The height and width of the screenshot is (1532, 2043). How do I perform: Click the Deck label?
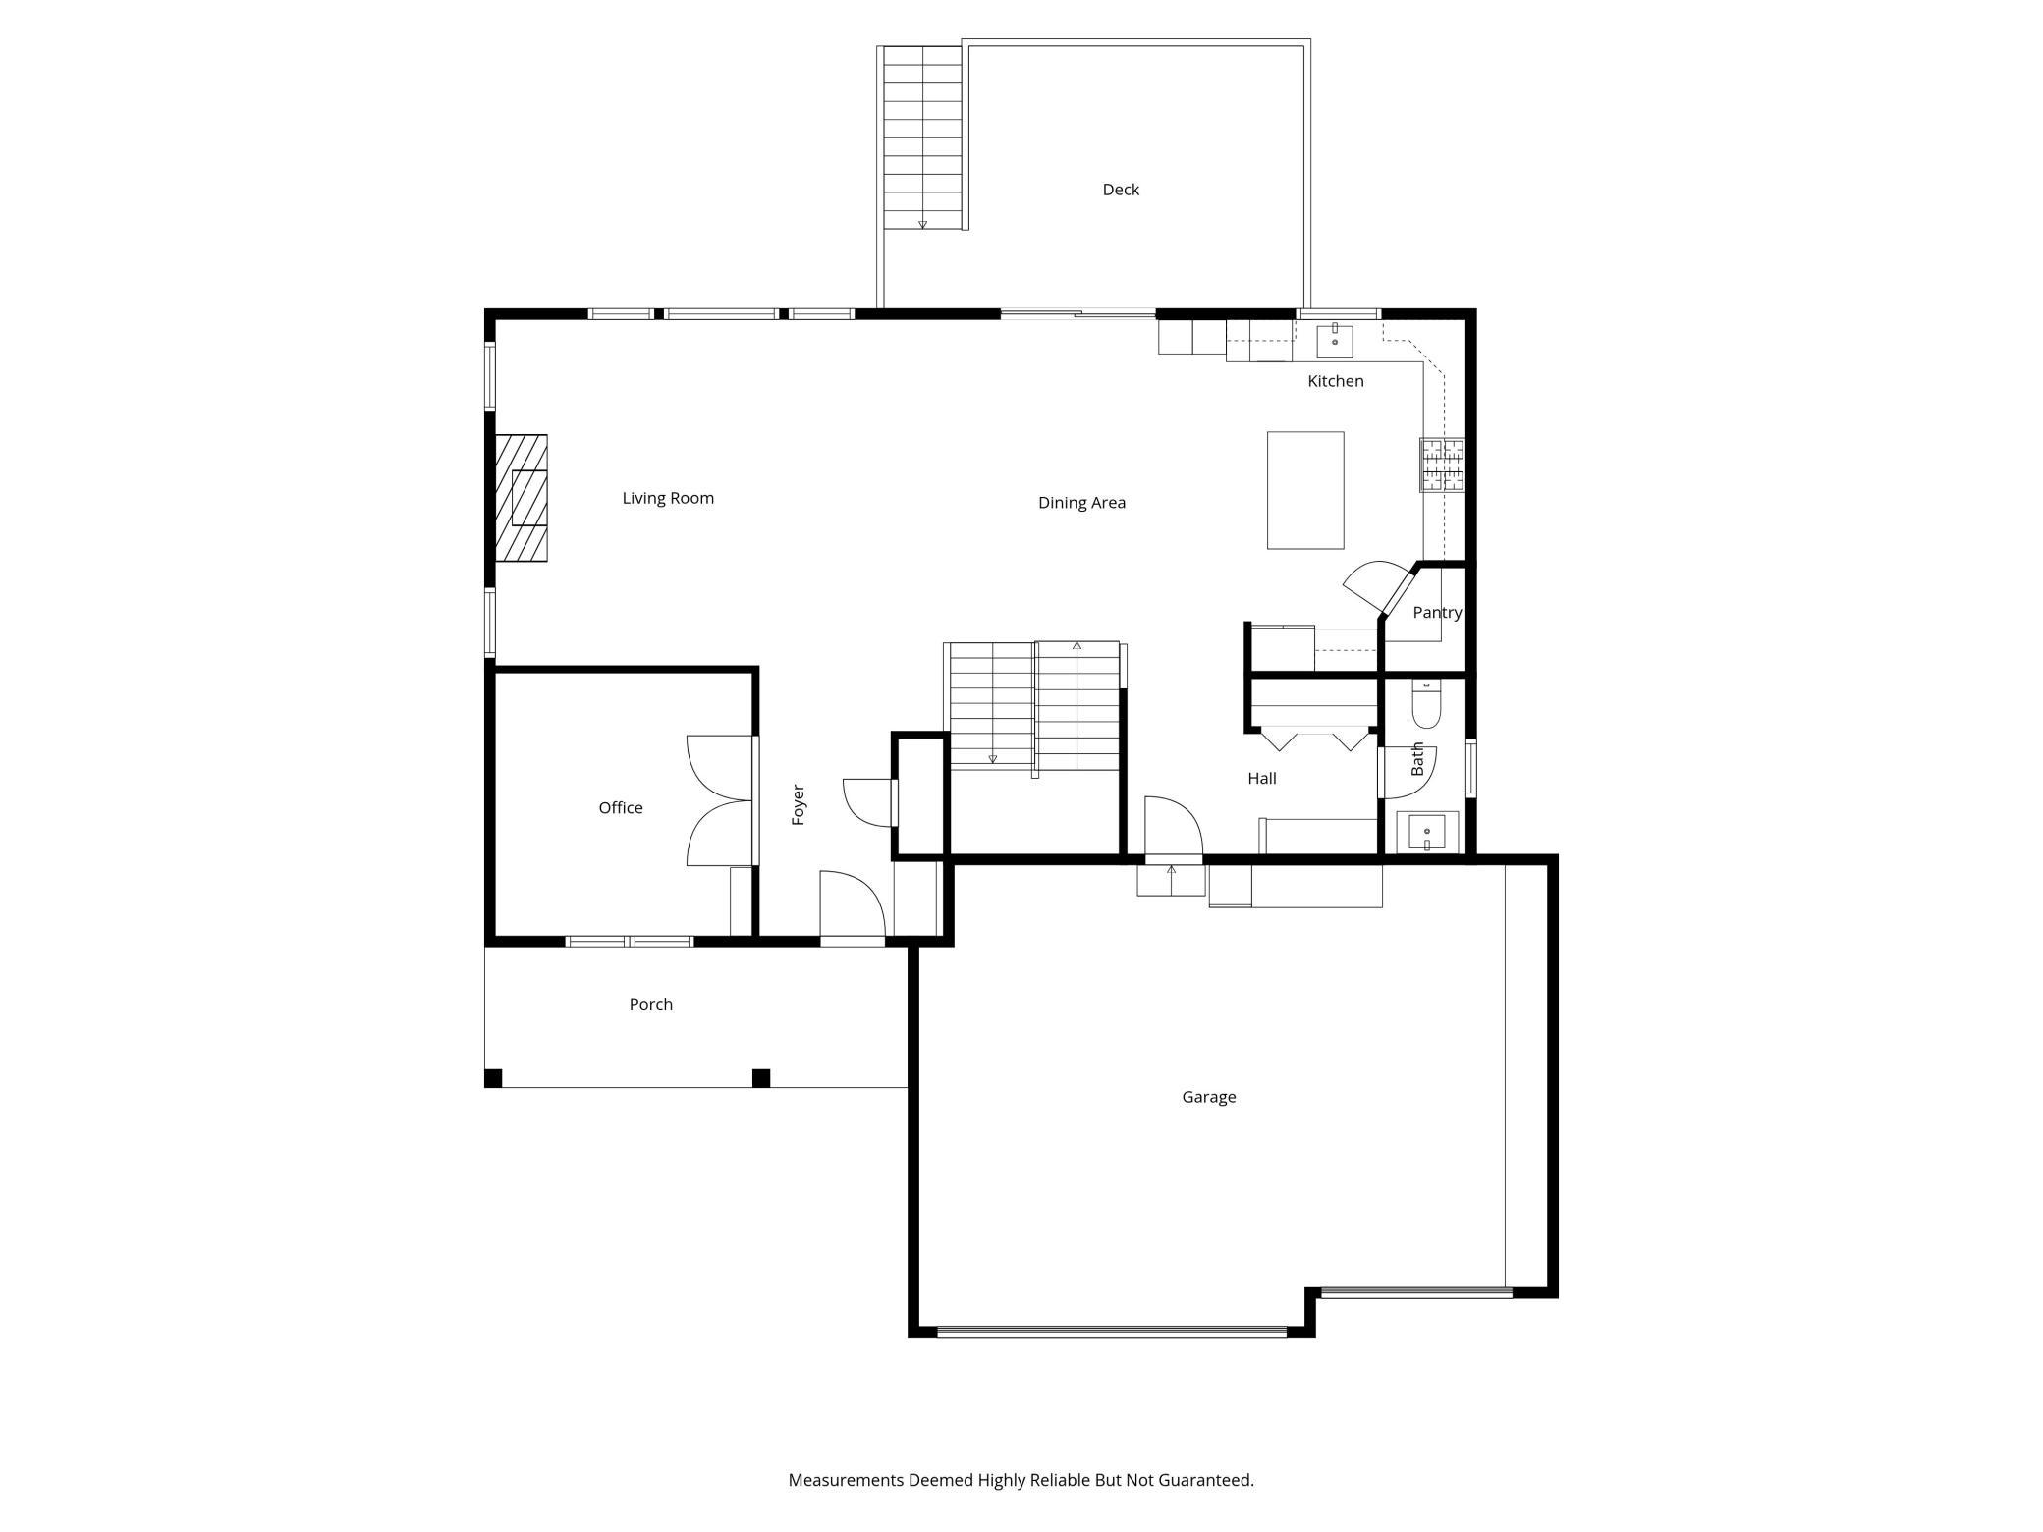tap(1120, 190)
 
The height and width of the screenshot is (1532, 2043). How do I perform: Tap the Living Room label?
tap(668, 498)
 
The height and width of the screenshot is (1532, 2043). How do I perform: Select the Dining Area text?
tap(1081, 503)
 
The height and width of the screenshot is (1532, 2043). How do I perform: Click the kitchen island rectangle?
tap(1304, 490)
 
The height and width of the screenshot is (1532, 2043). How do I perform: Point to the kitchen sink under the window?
tap(1334, 341)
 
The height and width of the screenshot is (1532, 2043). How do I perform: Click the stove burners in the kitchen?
tap(1441, 465)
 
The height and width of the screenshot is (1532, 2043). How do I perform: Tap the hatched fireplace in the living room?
tap(521, 498)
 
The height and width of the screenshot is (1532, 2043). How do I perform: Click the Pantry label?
tap(1436, 613)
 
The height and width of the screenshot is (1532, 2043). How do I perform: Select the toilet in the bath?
tap(1425, 704)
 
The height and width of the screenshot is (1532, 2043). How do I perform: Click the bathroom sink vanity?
tap(1426, 833)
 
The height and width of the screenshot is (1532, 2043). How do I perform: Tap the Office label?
tap(621, 808)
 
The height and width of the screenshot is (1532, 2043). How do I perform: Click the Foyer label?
tap(799, 804)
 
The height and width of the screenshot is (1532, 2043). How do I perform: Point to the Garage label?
tap(1208, 1097)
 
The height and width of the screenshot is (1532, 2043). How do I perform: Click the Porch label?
tap(650, 1004)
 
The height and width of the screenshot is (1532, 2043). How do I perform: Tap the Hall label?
tap(1261, 779)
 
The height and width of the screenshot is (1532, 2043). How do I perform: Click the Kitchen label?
tap(1335, 381)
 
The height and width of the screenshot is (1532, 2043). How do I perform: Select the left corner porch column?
tap(494, 1078)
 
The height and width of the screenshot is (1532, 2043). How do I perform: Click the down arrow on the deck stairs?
tap(922, 224)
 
